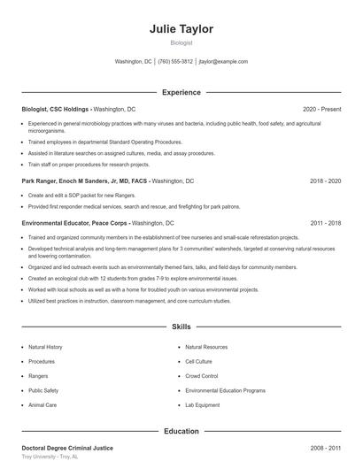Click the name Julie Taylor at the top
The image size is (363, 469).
[181, 28]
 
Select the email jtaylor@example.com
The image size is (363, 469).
[223, 62]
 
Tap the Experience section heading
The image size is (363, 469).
[181, 92]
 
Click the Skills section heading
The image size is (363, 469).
[181, 327]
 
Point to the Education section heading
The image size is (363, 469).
[181, 431]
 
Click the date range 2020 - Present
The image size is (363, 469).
[321, 109]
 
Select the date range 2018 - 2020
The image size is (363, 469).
[325, 181]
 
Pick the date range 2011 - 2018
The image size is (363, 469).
[325, 224]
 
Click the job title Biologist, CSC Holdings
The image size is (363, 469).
[57, 109]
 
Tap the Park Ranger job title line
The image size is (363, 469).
[85, 181]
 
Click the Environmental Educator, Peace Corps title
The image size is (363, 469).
[75, 224]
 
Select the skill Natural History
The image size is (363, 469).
[45, 347]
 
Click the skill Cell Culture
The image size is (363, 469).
[198, 362]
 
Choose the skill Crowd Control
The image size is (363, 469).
[202, 376]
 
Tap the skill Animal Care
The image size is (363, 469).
[42, 404]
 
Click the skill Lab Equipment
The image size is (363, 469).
[202, 404]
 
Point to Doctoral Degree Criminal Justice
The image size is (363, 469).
[67, 449]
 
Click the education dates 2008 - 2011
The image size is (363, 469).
[325, 449]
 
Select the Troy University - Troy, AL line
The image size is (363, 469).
[50, 457]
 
